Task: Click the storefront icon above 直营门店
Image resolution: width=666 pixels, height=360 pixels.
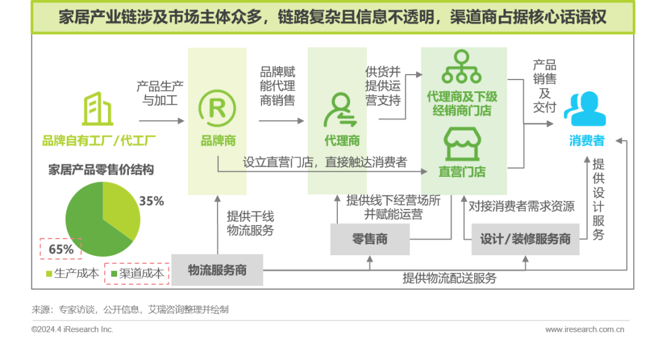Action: [462, 144]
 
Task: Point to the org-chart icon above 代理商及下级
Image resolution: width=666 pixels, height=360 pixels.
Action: [461, 68]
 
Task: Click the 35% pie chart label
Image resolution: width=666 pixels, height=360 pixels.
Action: [151, 201]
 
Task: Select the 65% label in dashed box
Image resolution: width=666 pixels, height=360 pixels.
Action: [61, 249]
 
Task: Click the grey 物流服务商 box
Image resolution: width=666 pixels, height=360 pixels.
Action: [217, 270]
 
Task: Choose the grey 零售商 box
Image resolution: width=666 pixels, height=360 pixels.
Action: [370, 239]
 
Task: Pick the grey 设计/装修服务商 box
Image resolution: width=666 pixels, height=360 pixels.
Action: [525, 239]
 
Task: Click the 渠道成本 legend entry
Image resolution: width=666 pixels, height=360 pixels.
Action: [137, 273]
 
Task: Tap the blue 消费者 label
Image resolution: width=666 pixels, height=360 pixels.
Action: [586, 141]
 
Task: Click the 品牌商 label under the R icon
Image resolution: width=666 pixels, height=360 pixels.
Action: [218, 141]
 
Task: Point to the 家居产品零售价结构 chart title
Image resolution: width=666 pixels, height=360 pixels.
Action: [101, 170]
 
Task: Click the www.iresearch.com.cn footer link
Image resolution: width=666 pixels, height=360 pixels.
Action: [585, 329]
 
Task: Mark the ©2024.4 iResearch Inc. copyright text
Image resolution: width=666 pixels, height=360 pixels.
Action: [72, 329]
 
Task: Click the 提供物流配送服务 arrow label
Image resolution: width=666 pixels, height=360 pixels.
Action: [450, 278]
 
